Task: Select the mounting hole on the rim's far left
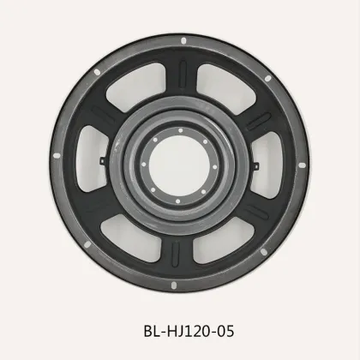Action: point(56,156)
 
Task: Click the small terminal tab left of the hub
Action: point(102,160)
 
